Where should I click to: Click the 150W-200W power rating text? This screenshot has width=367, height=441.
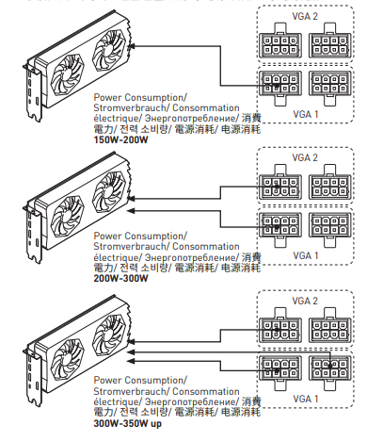[120, 139]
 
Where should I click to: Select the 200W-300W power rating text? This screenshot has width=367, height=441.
[120, 278]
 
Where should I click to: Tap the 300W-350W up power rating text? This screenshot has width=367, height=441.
[128, 423]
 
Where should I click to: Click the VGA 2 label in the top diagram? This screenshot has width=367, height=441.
[305, 16]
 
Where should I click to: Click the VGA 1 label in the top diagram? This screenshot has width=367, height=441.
[306, 114]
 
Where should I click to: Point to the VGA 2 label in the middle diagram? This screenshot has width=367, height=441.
[305, 157]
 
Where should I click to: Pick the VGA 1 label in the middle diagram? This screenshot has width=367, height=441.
[306, 255]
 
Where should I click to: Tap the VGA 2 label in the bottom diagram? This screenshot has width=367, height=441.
[305, 301]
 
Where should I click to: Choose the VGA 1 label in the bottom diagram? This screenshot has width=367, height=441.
[306, 399]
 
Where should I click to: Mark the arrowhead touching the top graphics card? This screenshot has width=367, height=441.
[132, 46]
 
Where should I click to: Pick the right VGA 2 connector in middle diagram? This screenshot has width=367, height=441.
[330, 182]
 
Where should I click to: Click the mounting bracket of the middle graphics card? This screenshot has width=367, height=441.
[33, 234]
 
